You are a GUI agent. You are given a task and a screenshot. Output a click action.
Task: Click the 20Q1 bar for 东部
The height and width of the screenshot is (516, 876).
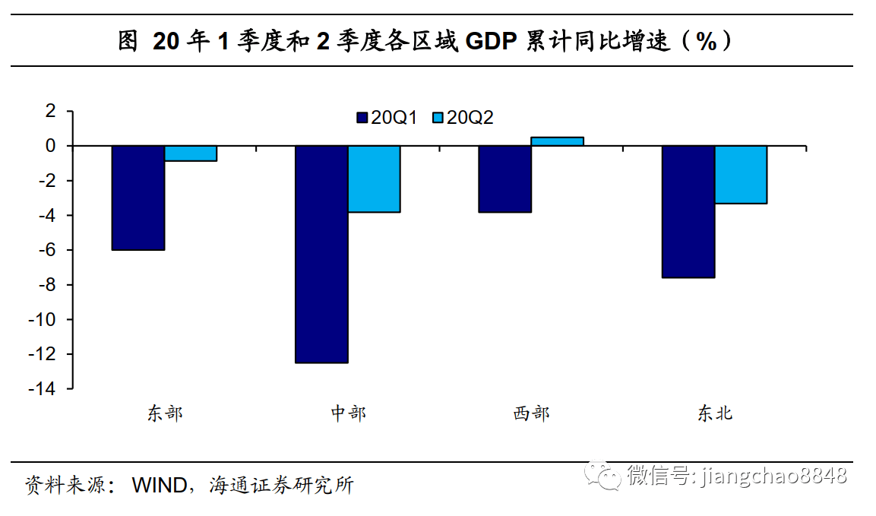pyautogui.click(x=138, y=198)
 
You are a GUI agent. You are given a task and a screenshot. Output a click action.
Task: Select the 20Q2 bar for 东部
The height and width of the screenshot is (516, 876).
pyautogui.click(x=191, y=154)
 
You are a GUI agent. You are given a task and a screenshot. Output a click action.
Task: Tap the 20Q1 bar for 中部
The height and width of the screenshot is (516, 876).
pyautogui.click(x=321, y=254)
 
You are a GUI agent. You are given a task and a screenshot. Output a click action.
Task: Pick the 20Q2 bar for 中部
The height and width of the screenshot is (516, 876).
pyautogui.click(x=374, y=179)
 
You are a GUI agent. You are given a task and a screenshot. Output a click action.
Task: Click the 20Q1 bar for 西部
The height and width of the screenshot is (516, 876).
pyautogui.click(x=504, y=179)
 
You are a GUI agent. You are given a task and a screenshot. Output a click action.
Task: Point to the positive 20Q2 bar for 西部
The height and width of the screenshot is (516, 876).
pyautogui.click(x=557, y=141)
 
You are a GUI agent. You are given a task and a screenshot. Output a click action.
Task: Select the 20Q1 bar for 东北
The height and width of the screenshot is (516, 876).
pyautogui.click(x=688, y=211)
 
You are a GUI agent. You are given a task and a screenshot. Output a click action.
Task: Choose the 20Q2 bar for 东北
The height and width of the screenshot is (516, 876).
pyautogui.click(x=741, y=174)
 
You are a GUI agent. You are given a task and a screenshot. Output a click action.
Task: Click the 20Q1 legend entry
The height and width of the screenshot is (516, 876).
pyautogui.click(x=387, y=118)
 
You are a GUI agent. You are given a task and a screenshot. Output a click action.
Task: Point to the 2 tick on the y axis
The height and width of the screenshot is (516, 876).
pyautogui.click(x=51, y=111)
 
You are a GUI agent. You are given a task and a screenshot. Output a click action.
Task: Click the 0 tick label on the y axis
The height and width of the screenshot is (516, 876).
pyautogui.click(x=51, y=146)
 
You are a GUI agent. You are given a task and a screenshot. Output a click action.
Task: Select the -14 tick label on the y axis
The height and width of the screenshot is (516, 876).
pyautogui.click(x=43, y=389)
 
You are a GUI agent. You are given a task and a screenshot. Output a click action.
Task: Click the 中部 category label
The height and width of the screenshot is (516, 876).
pyautogui.click(x=348, y=413)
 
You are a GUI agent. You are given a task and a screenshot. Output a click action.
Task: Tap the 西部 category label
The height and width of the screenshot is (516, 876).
pyautogui.click(x=531, y=413)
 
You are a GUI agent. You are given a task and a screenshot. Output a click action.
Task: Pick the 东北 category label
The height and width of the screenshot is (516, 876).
pyautogui.click(x=714, y=413)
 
